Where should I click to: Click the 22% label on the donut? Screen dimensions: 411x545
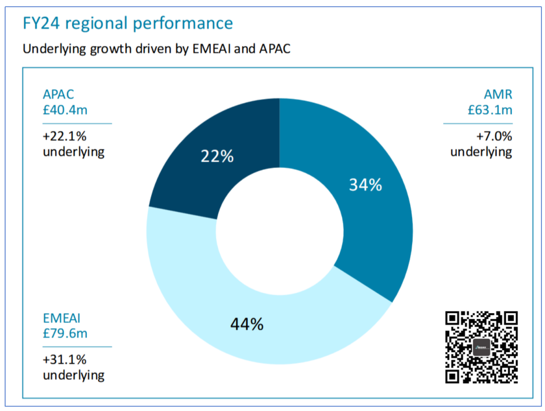click(x=217, y=156)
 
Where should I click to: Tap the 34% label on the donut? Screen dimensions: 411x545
click(x=365, y=185)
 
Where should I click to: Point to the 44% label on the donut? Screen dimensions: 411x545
click(x=247, y=324)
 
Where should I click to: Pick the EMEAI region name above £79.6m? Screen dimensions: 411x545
click(x=62, y=318)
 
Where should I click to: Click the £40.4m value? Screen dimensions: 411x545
click(x=65, y=109)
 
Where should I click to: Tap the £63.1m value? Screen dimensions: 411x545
click(x=489, y=109)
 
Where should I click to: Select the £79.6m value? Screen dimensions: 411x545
click(x=65, y=333)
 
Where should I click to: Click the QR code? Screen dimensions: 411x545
click(x=481, y=347)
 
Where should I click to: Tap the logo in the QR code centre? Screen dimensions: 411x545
click(x=481, y=348)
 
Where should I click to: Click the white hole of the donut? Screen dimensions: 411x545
click(x=279, y=231)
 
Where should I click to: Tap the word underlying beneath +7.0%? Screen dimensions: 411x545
click(x=481, y=152)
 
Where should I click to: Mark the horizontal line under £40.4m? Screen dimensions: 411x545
click(x=77, y=123)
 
